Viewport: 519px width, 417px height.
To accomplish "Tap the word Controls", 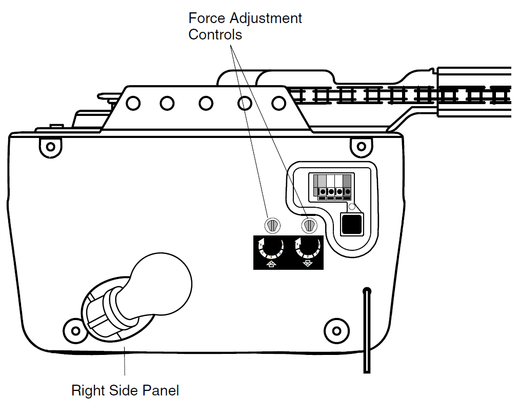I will click(215, 35).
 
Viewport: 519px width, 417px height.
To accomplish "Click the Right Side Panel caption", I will click(125, 390).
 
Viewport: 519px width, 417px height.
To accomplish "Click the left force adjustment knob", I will click(272, 225).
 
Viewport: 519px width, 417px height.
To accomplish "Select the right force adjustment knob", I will click(308, 225).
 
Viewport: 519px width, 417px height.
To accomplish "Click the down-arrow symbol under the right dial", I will click(307, 264).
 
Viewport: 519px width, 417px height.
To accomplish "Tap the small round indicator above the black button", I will click(351, 207).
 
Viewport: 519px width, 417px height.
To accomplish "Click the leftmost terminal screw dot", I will click(323, 192).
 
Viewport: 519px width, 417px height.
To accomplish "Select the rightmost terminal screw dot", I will click(347, 192).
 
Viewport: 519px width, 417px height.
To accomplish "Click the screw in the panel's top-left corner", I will click(50, 147).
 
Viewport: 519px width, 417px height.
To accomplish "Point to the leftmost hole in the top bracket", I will click(133, 104).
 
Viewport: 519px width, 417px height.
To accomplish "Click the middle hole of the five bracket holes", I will click(206, 104).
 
